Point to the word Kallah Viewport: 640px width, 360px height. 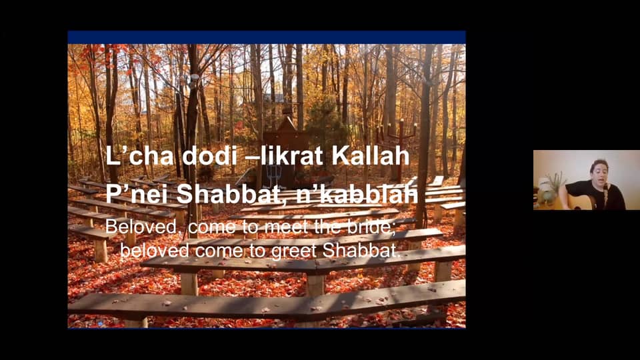[371, 155]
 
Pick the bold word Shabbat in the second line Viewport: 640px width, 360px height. [226, 194]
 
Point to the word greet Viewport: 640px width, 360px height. [294, 251]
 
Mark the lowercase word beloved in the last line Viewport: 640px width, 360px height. [155, 250]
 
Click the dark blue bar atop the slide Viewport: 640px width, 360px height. [267, 37]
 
